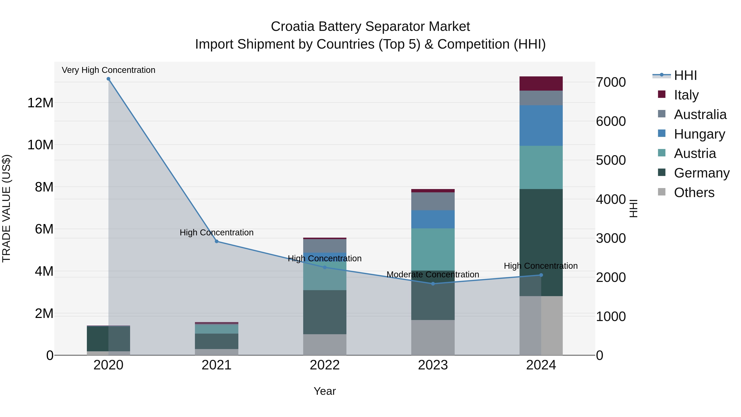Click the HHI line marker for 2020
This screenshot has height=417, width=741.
pyautogui.click(x=108, y=79)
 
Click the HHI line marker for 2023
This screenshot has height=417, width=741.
pyautogui.click(x=433, y=284)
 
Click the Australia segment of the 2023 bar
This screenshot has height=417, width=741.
pyautogui.click(x=433, y=201)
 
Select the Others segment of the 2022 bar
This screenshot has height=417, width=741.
pyautogui.click(x=325, y=345)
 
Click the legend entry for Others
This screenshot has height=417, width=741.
pyautogui.click(x=694, y=193)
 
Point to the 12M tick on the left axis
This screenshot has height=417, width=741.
pyautogui.click(x=40, y=103)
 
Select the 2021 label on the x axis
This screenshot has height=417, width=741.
pyautogui.click(x=217, y=365)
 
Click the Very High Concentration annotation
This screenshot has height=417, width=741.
pyautogui.click(x=108, y=70)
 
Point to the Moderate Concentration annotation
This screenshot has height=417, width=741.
pyautogui.click(x=433, y=274)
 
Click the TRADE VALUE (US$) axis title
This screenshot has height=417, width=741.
pyautogui.click(x=7, y=208)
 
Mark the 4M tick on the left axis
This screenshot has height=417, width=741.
pyautogui.click(x=44, y=271)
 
